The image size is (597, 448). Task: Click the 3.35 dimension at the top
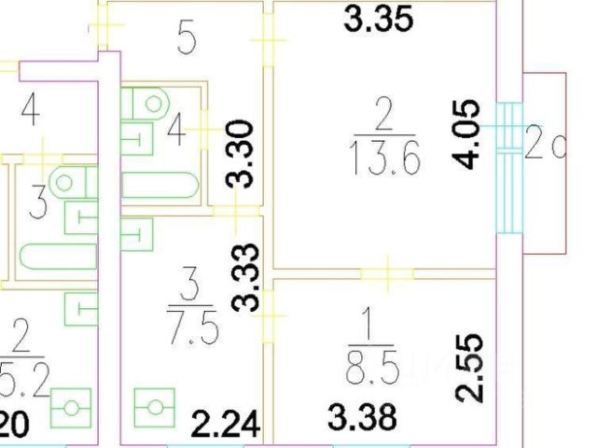378,21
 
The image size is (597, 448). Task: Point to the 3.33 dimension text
244,276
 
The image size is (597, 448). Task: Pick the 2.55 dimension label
472,368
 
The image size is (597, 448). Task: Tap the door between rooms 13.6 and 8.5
387,273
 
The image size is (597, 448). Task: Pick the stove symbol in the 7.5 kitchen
155,408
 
